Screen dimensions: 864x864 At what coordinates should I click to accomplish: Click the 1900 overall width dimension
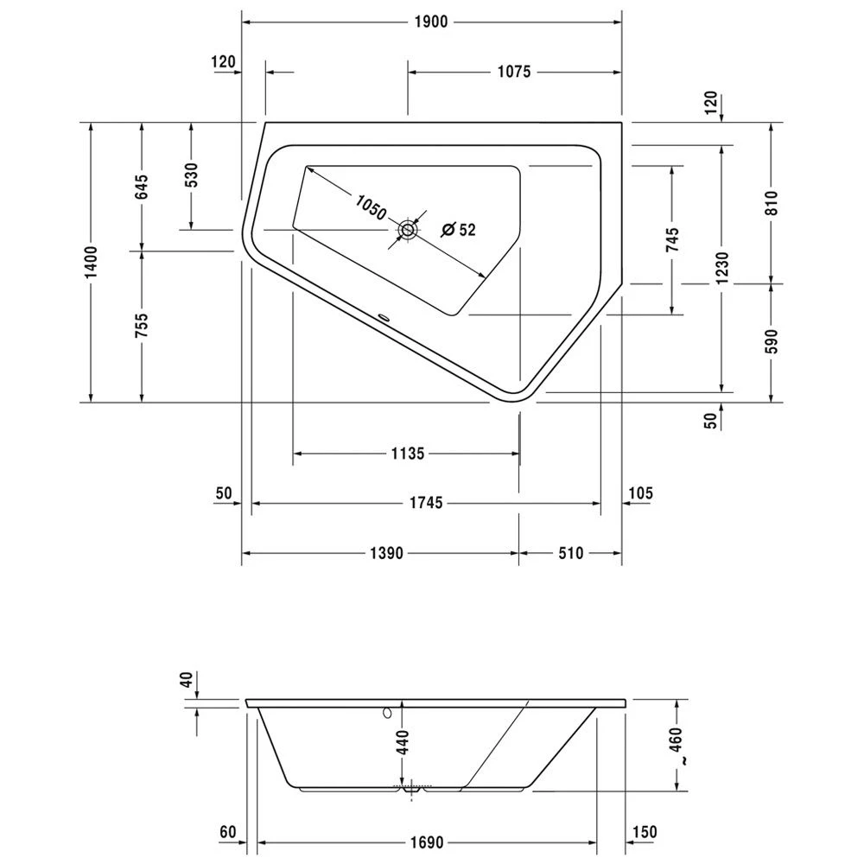pos(430,22)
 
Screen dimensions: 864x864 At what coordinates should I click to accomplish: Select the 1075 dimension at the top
pos(512,73)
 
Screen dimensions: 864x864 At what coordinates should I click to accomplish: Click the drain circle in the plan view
pos(408,231)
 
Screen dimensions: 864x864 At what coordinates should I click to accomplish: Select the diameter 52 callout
pos(459,230)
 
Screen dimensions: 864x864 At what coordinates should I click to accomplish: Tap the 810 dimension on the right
pos(772,202)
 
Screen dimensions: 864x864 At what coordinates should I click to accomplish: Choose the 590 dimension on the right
pos(772,341)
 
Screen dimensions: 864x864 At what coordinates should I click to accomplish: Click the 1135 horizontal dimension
pos(406,454)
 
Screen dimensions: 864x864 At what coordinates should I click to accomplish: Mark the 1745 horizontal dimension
pos(424,503)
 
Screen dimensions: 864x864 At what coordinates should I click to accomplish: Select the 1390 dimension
pos(381,554)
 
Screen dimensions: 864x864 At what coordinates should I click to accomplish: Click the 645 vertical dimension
pos(142,187)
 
